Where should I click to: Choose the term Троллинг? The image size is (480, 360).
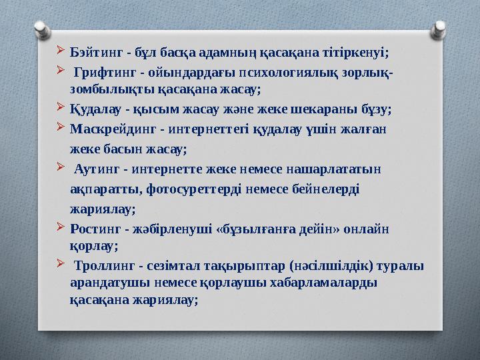click(x=106, y=267)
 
